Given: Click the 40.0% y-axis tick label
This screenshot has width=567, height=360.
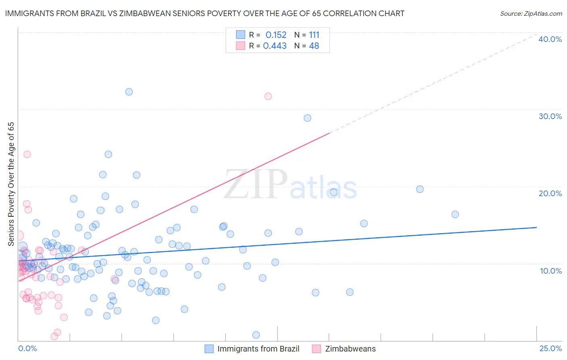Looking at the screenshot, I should pos(550,39).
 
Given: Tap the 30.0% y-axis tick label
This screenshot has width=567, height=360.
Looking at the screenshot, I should pos(550,116).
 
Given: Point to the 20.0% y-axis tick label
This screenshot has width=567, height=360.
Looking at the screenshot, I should pos(550,193).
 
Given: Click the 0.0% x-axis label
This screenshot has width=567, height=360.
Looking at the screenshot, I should pos(27,349).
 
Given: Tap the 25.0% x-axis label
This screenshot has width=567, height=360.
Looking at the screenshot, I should pos(550,349).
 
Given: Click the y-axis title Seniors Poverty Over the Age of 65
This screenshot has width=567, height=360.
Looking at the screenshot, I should pos(11,184).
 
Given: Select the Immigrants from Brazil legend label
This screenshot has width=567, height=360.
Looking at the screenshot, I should pos(258,349).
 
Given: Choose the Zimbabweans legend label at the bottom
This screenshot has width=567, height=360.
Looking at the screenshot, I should pos(350,349).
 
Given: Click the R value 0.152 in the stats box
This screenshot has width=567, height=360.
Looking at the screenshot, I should pos(276,35).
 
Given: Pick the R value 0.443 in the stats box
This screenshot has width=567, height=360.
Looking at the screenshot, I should pos(275,46).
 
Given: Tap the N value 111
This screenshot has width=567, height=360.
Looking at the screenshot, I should pos(314,35).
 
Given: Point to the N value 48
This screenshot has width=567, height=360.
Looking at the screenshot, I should pos(314,46).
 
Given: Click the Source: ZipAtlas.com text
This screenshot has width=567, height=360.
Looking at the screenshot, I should pos(531,14).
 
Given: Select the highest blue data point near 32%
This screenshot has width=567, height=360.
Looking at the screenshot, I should pos(129,92).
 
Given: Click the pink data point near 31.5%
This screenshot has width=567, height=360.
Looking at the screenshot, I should pos(268,96).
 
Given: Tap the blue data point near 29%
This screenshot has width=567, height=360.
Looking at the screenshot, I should pos(307,118).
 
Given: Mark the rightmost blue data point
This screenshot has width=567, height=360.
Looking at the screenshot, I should pos(455,215).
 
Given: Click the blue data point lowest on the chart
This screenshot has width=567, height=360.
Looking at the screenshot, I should pos(256,335).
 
